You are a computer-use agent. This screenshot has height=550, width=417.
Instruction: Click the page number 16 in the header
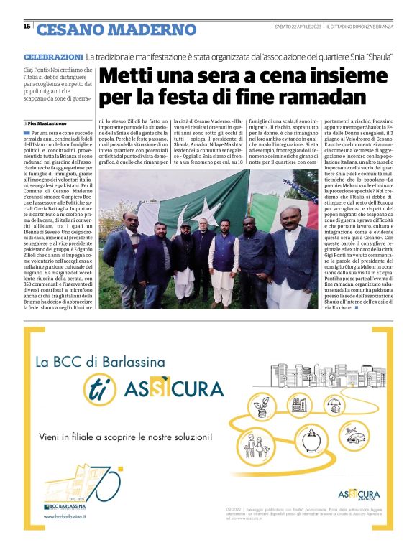(x=27, y=27)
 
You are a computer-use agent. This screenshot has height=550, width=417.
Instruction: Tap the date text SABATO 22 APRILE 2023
(x=297, y=27)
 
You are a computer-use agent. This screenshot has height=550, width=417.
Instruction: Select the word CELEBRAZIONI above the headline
(x=53, y=56)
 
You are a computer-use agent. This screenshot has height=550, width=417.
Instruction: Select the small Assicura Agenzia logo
(x=359, y=495)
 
